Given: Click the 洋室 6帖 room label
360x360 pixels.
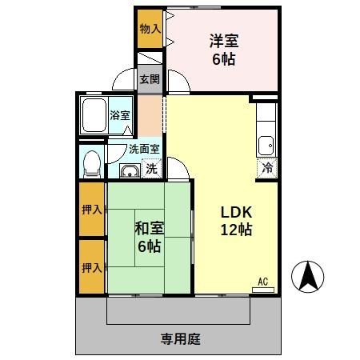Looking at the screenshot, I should click(224, 49).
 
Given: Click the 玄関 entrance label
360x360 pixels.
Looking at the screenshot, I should click(150, 79).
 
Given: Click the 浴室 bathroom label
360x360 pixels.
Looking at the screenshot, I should click(120, 115).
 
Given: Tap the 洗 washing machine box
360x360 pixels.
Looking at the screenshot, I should click(152, 169).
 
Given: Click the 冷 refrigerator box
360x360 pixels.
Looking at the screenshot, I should click(267, 168).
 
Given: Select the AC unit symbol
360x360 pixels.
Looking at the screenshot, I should click(262, 290).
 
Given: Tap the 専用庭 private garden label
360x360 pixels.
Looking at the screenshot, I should click(180, 338).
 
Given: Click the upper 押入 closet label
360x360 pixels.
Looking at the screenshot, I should click(90, 210).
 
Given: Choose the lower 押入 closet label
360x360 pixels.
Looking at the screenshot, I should click(90, 267).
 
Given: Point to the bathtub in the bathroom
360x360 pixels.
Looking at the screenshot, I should click(95, 116).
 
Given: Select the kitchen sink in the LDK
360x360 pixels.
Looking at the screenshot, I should click(266, 146).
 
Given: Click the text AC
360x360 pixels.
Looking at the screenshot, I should click(262, 281).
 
